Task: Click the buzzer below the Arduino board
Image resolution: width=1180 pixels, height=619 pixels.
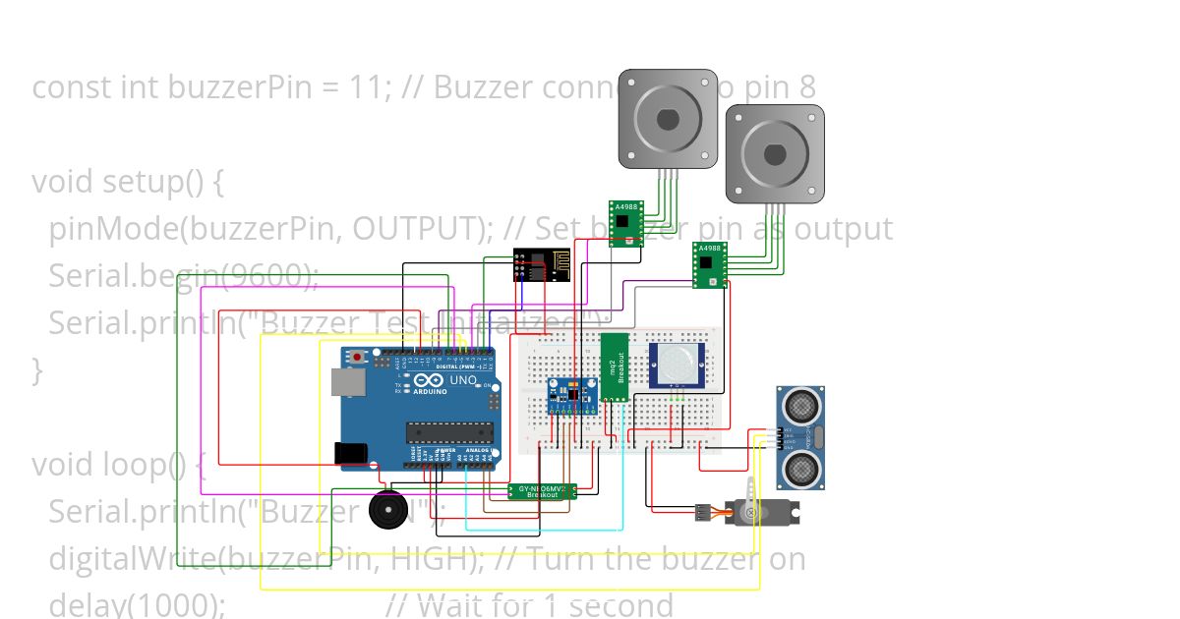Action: point(386,510)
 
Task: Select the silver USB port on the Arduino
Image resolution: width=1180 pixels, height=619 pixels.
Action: point(347,383)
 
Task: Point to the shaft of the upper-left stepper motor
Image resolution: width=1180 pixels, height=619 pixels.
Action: point(668,119)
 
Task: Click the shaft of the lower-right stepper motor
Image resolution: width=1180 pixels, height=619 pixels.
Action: point(775,154)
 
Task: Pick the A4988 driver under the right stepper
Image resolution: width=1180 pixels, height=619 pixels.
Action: point(709,265)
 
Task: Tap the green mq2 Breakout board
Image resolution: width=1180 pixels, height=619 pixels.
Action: point(614,366)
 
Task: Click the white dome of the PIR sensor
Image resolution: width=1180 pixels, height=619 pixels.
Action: point(677,364)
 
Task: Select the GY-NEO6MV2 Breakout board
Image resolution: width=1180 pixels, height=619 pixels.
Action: point(542,490)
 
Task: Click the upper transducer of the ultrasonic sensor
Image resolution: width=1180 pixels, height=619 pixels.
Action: point(801,405)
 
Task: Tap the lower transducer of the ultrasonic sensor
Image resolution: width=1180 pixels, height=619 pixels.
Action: point(801,468)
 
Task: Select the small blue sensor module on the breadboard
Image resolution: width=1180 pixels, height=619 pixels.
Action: point(571,396)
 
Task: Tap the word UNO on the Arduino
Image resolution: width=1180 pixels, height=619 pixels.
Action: point(462,380)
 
